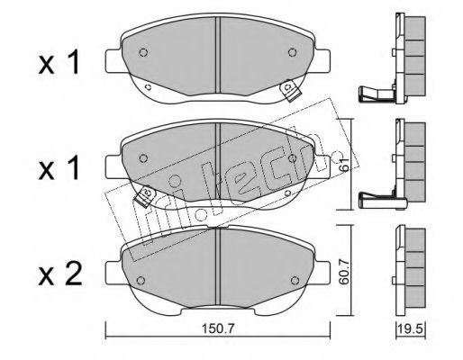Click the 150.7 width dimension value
pyautogui.click(x=217, y=329)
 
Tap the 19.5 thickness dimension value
pyautogui.click(x=411, y=329)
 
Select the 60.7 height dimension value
pyautogui.click(x=345, y=272)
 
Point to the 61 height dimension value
pyautogui.click(x=345, y=165)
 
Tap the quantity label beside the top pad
pyautogui.click(x=59, y=63)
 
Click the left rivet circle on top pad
pyautogui.click(x=143, y=52)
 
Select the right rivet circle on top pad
pyautogui.click(x=292, y=52)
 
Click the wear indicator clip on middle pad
pyautogui.click(x=145, y=195)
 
